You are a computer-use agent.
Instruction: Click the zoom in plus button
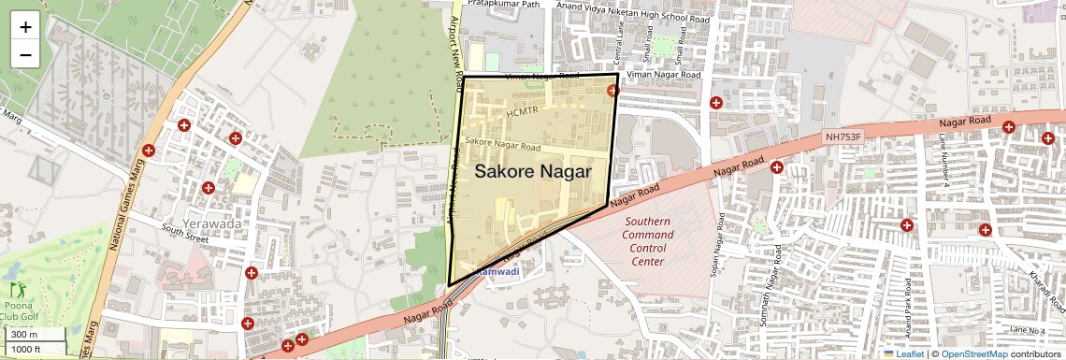[25, 26]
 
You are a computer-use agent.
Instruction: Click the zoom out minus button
[25, 54]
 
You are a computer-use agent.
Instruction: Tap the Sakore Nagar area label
[533, 172]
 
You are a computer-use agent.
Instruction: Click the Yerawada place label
[214, 224]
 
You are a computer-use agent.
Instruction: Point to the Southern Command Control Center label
[647, 241]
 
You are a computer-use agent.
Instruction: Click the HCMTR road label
[523, 112]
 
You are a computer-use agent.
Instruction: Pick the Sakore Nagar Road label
[503, 146]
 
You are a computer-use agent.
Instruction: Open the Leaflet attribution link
[909, 353]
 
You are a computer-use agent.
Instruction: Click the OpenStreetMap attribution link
[973, 353]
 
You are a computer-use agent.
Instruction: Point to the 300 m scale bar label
[24, 335]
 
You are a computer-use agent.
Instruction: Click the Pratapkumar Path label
[504, 5]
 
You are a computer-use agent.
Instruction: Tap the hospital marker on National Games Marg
[148, 151]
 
